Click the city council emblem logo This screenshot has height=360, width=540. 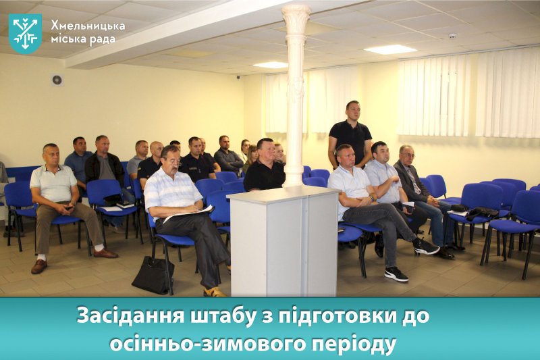click(x=25, y=33)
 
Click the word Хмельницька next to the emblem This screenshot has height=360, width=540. click(x=88, y=26)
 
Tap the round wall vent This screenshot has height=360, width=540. click(x=57, y=80)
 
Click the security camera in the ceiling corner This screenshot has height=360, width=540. click(x=238, y=77)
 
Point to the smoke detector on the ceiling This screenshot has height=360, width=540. click(x=452, y=36)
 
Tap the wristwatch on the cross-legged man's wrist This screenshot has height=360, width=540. click(x=372, y=198)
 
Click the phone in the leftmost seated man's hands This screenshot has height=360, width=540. click(x=70, y=208)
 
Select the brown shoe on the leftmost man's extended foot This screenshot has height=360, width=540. click(x=39, y=266)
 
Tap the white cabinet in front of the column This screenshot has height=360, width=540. click(x=283, y=242)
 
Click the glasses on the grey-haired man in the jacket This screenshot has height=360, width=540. click(x=408, y=155)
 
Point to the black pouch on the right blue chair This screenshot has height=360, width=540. click(x=482, y=213)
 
